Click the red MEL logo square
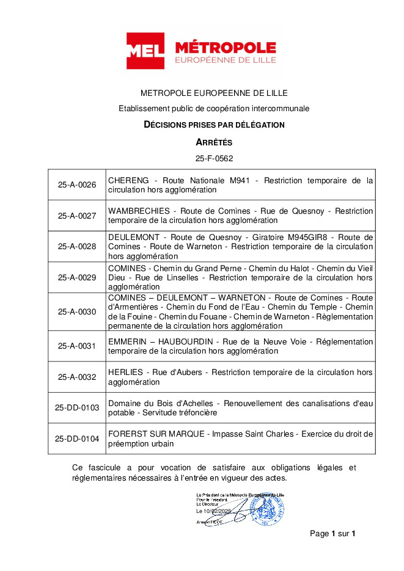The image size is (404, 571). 145,51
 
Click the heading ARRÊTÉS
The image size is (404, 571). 214,142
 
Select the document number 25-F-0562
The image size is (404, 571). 214,158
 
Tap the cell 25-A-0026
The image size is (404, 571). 77,185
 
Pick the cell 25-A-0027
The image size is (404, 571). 77,216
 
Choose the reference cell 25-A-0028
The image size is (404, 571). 77,246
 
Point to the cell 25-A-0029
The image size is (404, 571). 77,277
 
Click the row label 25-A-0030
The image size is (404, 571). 77,311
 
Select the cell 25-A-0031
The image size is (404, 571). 77,346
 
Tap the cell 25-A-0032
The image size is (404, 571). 77,377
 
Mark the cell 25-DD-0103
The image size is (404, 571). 77,408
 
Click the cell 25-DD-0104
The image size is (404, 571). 77,438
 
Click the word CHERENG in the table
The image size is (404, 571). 128,181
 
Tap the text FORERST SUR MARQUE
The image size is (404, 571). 158,434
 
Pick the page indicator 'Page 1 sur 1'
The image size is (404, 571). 332,534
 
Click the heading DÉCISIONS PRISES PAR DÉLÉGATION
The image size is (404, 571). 214,125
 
